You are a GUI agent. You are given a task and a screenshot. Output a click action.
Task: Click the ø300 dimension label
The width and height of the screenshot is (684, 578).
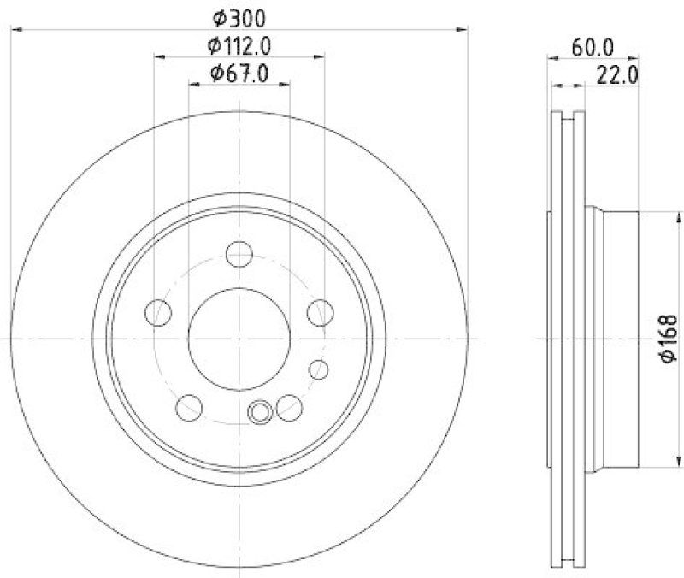239,16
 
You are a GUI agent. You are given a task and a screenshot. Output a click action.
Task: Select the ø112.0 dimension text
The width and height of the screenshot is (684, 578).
239,44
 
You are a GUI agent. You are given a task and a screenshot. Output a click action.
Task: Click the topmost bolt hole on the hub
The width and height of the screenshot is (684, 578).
239,254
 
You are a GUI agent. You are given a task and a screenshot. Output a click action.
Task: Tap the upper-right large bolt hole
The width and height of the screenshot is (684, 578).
320,313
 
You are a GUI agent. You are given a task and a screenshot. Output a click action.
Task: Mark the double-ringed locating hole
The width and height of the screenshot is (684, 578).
260,413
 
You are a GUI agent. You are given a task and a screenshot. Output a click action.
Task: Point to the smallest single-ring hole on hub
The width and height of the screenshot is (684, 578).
319,369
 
